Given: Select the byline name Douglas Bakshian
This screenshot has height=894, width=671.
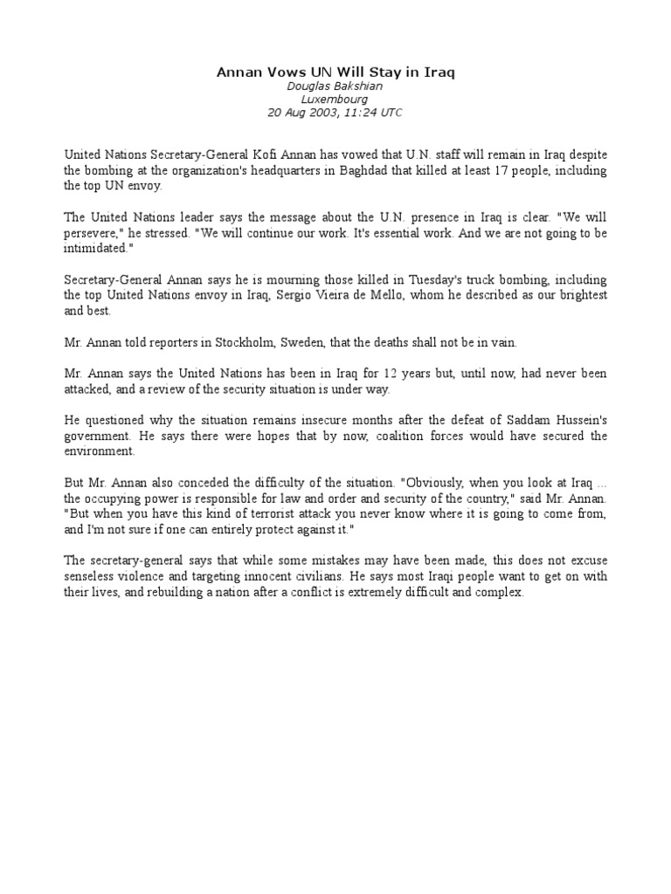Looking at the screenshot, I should point(335,86).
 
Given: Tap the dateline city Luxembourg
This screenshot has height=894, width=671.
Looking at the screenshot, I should point(335,100).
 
